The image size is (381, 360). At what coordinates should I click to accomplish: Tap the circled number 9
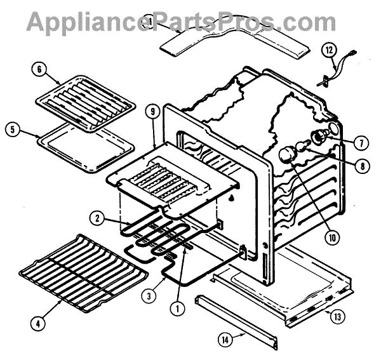tap(152, 112)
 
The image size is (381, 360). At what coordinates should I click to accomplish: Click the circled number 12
tap(330, 49)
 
